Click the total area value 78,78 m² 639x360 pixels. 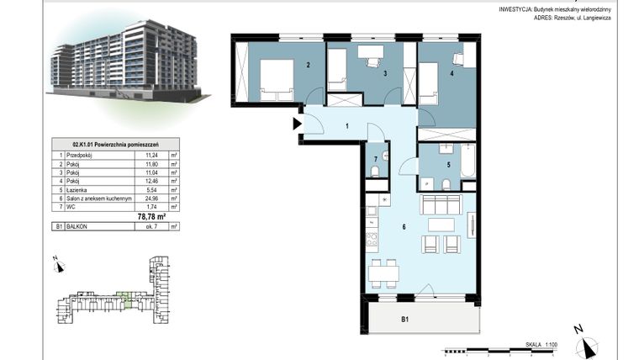151,215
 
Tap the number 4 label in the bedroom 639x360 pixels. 451,73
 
